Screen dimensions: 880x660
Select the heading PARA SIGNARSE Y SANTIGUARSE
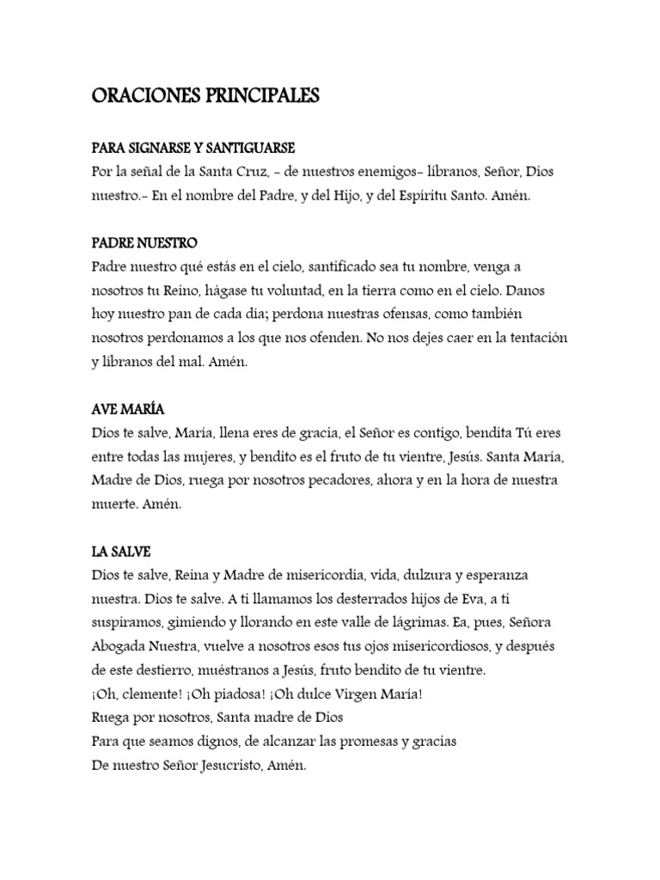(193, 149)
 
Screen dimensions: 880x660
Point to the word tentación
(534, 338)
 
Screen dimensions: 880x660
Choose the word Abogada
(118, 645)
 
